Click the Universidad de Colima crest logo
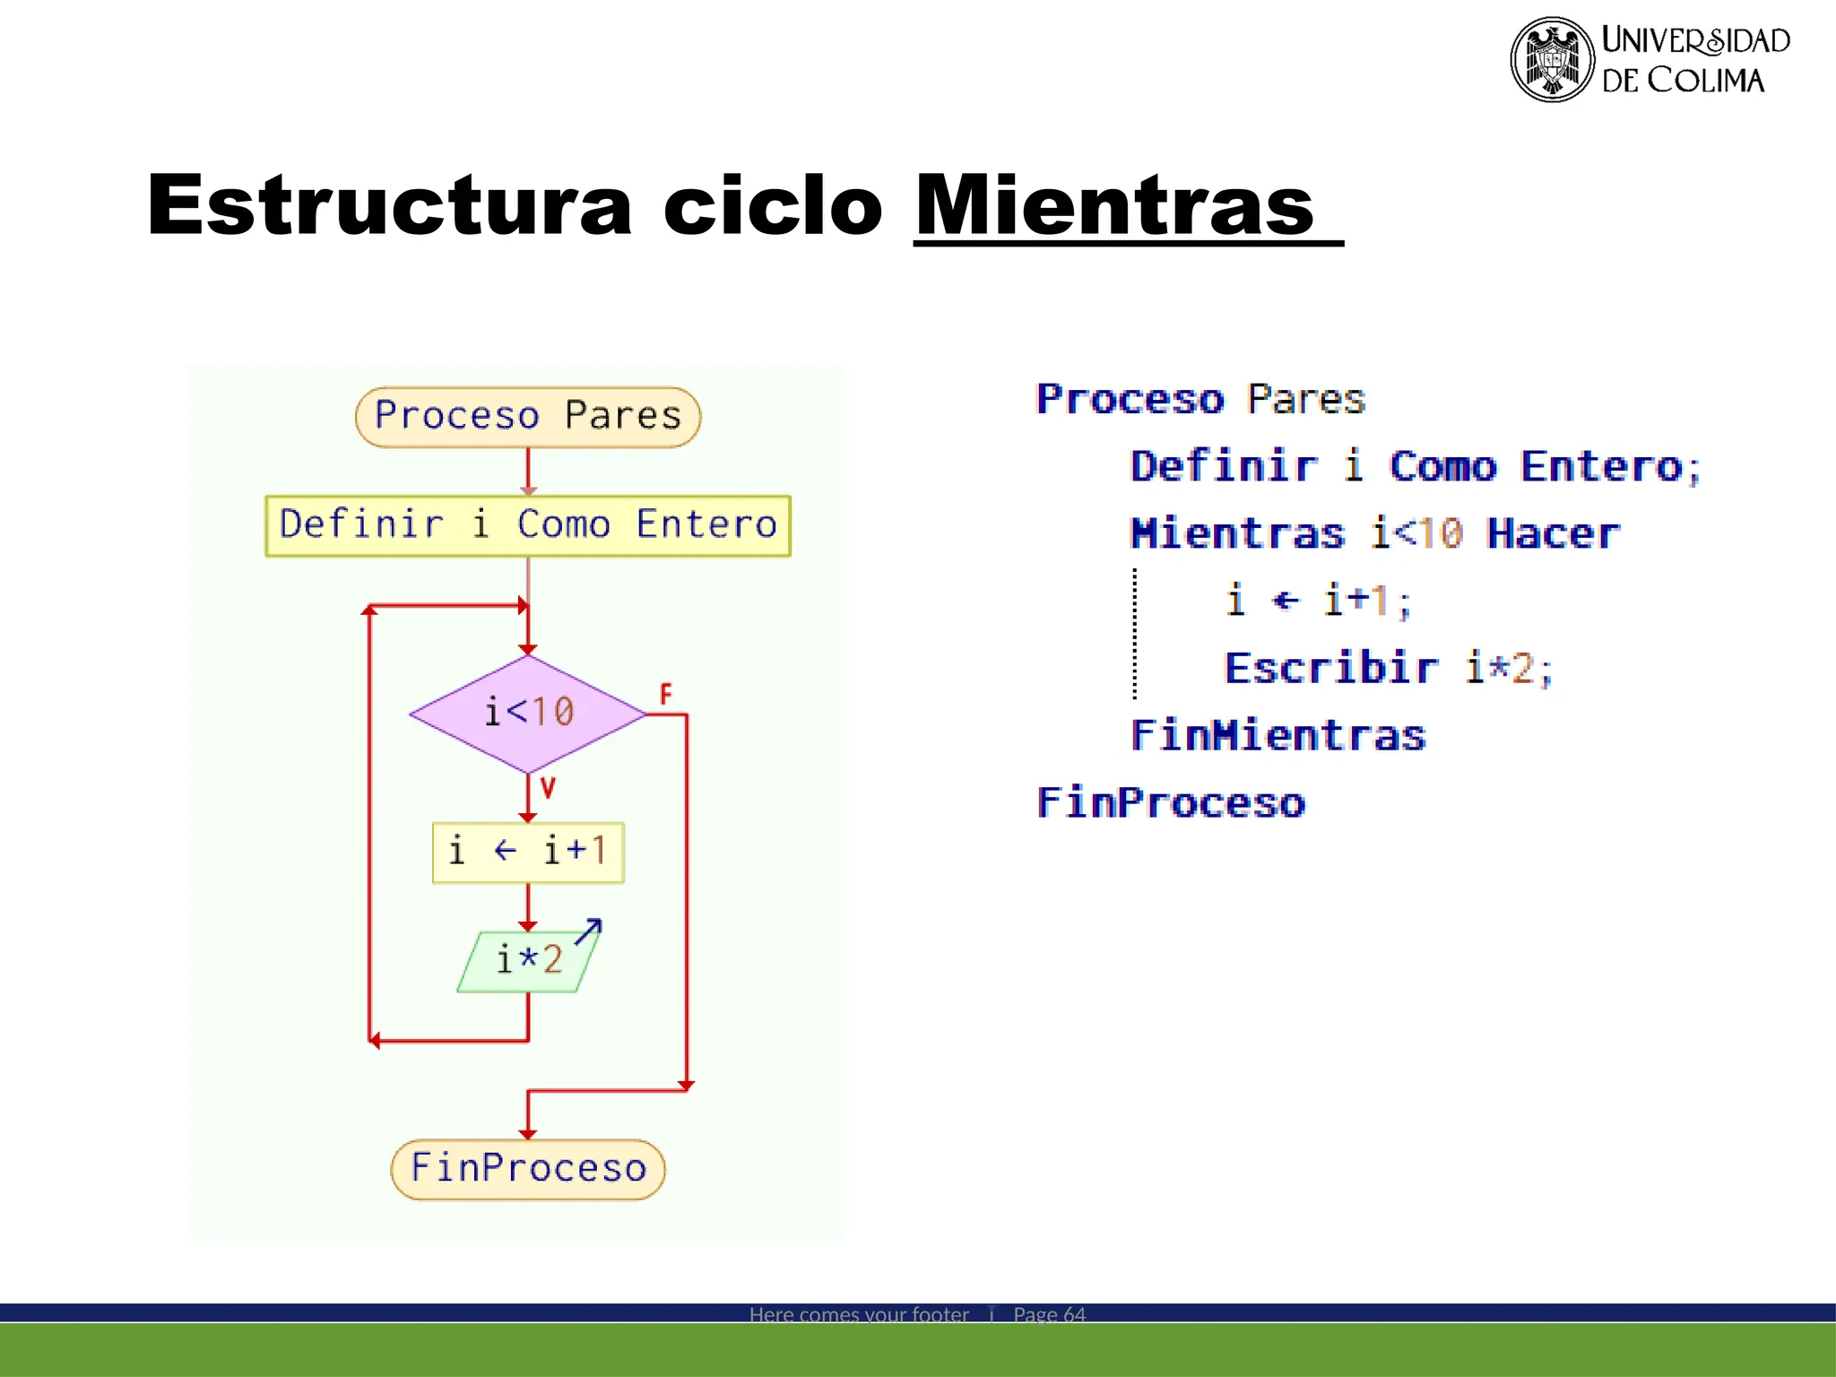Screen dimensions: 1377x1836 1552,59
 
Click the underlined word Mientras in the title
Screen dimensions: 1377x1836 1114,206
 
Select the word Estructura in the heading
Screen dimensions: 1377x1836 390,206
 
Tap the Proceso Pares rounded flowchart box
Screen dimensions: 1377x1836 528,417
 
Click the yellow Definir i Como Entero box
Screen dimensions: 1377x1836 528,525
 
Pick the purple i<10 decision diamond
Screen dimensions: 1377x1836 528,714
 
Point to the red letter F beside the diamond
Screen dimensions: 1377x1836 665,694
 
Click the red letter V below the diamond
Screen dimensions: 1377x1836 548,788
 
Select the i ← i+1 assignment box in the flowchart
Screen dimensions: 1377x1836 528,852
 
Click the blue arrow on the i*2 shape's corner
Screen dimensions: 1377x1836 589,931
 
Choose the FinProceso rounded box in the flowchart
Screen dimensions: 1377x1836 528,1169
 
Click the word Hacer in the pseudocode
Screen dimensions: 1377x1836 1553,534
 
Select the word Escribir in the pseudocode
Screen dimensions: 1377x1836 1331,669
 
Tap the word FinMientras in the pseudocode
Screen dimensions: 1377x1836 1277,736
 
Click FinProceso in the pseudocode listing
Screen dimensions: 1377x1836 1171,803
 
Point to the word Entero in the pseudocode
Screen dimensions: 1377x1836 1602,467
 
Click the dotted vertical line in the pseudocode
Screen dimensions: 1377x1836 1135,634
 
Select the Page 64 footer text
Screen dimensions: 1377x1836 1049,1314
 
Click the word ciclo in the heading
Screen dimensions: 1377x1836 773,206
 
